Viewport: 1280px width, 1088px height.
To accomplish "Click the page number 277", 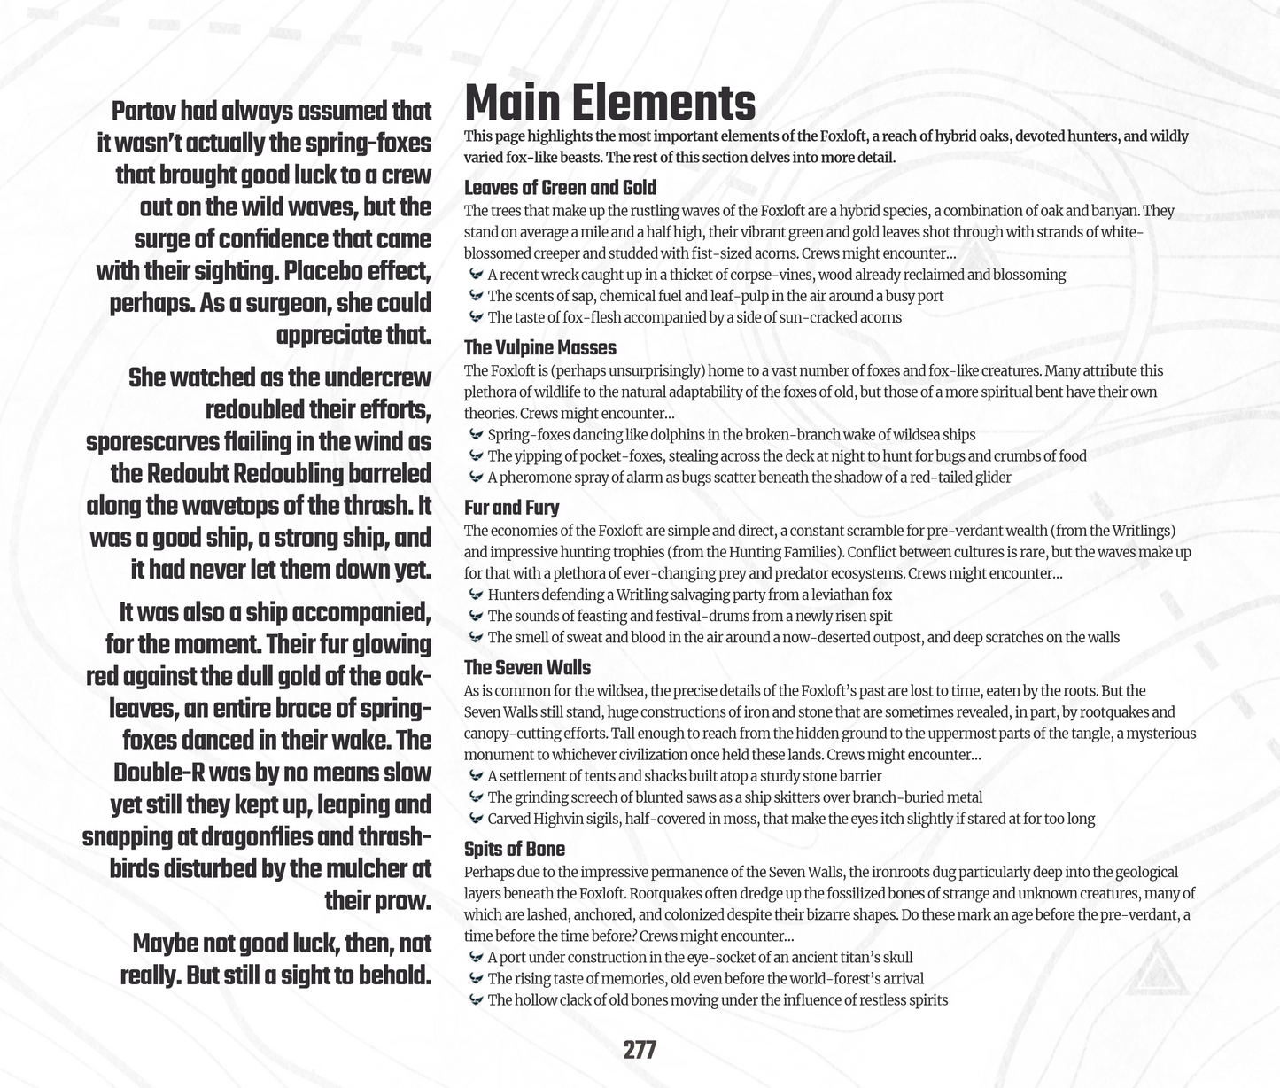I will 640,1050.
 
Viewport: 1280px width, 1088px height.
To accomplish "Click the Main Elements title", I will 609,103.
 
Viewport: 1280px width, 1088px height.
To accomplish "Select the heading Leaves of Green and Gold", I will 560,187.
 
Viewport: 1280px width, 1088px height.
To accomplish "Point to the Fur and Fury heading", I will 511,508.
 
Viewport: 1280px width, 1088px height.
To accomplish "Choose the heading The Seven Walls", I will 527,667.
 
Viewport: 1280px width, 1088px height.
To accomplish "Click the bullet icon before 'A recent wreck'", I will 476,275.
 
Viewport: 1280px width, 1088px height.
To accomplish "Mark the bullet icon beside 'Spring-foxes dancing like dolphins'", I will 476,435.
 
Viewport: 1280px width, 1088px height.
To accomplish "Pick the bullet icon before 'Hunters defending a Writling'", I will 476,595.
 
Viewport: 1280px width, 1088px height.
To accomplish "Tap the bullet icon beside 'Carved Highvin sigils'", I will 476,819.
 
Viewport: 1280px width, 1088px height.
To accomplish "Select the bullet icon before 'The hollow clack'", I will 476,1000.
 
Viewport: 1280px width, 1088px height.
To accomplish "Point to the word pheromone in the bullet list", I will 537,478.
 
